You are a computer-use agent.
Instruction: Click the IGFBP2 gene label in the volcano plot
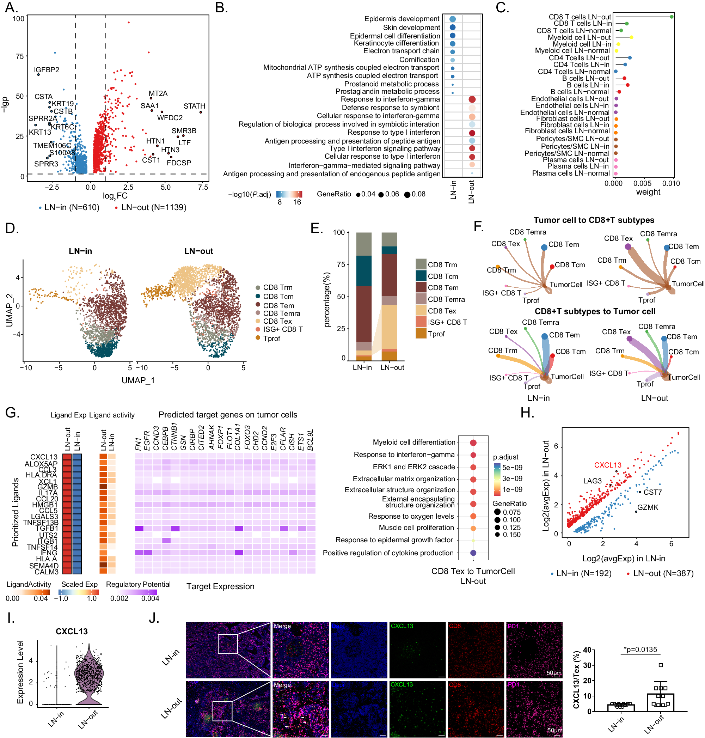click(47, 70)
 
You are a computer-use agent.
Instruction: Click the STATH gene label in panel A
click(194, 106)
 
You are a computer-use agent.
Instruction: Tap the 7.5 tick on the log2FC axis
click(203, 187)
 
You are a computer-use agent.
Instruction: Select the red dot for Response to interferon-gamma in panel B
click(472, 99)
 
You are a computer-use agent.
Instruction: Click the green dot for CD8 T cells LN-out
click(672, 17)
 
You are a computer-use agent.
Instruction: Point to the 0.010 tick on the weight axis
click(671, 183)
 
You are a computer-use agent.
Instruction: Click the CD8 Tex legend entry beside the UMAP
click(277, 321)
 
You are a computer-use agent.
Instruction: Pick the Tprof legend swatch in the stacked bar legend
click(421, 334)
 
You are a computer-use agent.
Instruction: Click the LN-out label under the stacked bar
click(392, 367)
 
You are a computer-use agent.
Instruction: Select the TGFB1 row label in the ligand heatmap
click(47, 528)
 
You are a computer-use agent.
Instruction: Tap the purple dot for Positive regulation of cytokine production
click(473, 553)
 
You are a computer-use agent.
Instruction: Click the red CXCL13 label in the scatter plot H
click(607, 465)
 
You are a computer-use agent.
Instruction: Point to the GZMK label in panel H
click(648, 507)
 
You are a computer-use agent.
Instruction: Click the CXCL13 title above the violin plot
click(72, 631)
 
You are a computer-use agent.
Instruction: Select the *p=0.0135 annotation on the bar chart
click(640, 649)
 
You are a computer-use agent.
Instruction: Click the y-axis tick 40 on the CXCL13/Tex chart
click(587, 650)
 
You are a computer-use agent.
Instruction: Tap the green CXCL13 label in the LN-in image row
click(402, 626)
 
